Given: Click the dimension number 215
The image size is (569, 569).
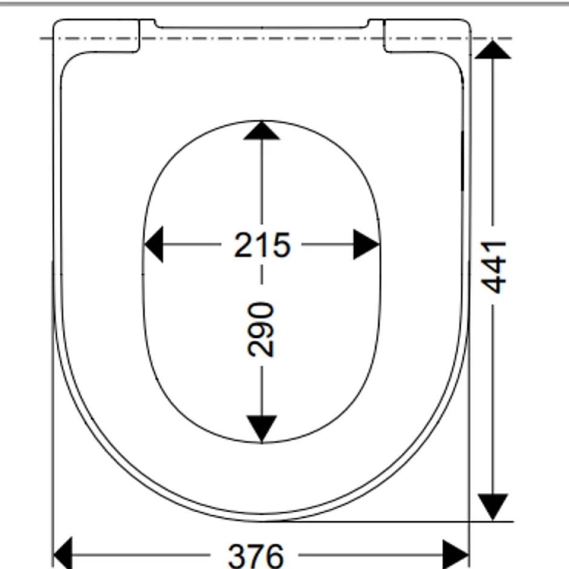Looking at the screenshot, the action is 262,245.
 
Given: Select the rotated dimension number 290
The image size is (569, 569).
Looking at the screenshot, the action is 260,329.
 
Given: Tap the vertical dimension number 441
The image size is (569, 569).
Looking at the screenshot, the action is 493,267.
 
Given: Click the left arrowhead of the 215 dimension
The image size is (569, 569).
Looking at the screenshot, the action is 154,244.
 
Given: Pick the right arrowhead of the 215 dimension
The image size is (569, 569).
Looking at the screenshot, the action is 366,244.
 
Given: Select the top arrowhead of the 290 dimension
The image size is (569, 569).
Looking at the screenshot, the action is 261,131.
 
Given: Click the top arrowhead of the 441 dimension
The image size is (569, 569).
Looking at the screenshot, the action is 493,50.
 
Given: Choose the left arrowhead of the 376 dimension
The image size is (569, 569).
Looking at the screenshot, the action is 63,554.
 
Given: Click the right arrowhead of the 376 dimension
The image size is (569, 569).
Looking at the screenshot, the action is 456,554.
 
